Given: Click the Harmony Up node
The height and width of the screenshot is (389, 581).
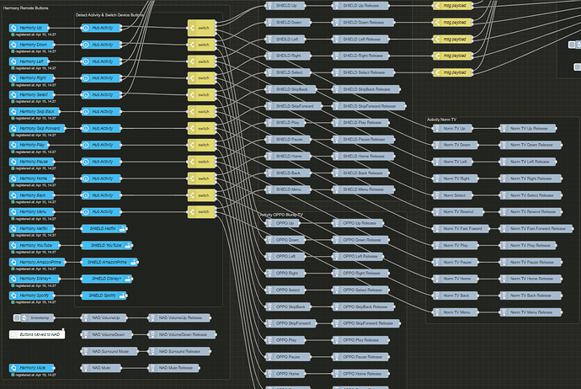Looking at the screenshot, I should (33, 28).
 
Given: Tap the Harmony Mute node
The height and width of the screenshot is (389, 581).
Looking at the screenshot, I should (33, 368).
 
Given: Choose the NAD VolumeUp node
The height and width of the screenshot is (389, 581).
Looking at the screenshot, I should (107, 318).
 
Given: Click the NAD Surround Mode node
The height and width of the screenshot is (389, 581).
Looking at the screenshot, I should (110, 350).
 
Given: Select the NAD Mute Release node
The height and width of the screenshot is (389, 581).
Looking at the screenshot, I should (178, 368).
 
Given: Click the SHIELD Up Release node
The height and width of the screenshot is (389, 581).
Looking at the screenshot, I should (367, 4).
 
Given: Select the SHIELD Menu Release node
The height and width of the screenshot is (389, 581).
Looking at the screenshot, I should (367, 189).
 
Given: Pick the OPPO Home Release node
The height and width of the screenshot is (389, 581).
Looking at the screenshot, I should (361, 373).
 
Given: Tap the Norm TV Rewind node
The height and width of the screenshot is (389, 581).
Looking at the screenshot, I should (458, 212).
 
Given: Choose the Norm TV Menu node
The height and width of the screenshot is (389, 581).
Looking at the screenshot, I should (456, 312).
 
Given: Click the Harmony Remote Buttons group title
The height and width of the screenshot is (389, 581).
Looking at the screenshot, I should (32, 7).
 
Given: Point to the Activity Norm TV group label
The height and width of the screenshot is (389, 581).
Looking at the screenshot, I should (446, 119).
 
